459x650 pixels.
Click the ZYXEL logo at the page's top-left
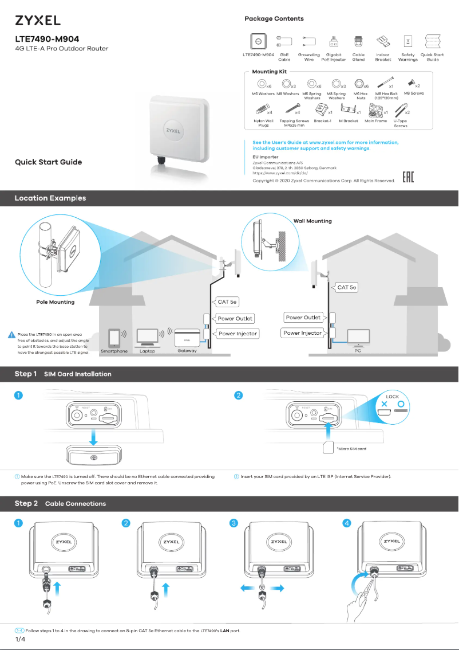tap(37, 21)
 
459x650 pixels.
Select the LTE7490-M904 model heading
tap(47, 39)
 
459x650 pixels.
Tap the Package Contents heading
tap(274, 19)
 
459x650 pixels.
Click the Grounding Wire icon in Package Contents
tap(309, 41)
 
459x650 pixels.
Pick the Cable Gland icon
tap(358, 41)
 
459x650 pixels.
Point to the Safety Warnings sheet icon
tap(407, 41)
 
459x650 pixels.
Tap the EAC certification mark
tap(407, 178)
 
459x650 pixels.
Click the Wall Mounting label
tap(312, 221)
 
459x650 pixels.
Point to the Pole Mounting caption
tap(51, 301)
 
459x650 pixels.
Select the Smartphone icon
tap(114, 338)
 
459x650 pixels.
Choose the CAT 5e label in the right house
tap(347, 287)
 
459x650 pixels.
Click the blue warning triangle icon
tap(11, 335)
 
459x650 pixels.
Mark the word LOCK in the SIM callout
tap(392, 397)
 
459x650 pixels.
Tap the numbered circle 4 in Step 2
tap(346, 523)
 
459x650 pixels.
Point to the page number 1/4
tap(19, 639)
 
